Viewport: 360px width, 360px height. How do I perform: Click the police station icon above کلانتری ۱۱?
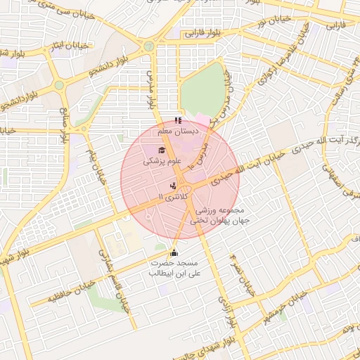point(173,186)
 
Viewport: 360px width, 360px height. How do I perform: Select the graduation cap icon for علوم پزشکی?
point(162,150)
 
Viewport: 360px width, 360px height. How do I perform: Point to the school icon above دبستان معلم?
point(177,120)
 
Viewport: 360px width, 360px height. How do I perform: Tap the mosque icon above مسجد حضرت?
point(174,253)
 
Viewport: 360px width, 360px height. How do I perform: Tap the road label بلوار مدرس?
point(150,87)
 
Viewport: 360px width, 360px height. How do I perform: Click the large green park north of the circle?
point(201,89)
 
